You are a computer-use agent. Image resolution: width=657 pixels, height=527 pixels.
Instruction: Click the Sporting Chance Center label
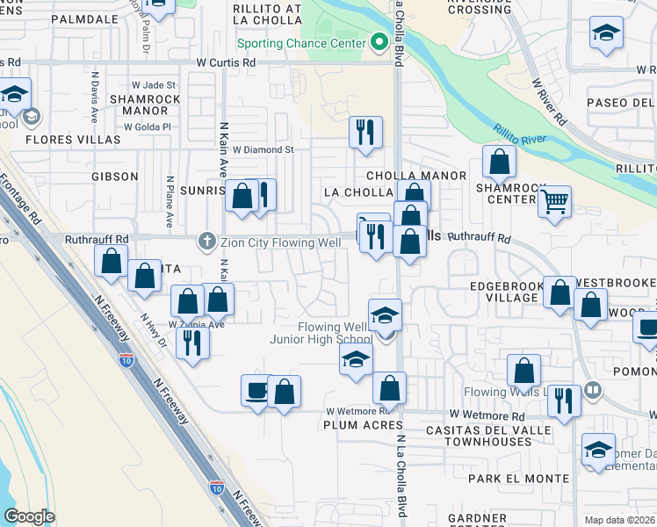point(300,42)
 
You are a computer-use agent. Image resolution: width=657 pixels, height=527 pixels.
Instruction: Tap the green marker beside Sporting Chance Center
point(379,41)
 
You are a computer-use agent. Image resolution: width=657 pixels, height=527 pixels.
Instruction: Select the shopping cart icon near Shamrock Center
point(554,203)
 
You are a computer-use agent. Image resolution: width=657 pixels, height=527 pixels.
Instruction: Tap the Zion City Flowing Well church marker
point(207,239)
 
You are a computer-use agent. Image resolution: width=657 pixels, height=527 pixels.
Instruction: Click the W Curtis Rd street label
point(226,63)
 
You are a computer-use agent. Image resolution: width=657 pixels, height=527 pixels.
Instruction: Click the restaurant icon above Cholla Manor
point(365,133)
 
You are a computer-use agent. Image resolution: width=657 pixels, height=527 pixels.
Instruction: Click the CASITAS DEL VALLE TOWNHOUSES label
point(487,436)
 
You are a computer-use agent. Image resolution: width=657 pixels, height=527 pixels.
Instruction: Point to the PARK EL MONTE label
point(509,479)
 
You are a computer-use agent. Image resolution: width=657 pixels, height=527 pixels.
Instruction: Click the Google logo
point(29,516)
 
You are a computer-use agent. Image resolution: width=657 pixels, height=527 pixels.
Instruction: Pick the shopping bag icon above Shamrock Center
point(499,162)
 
